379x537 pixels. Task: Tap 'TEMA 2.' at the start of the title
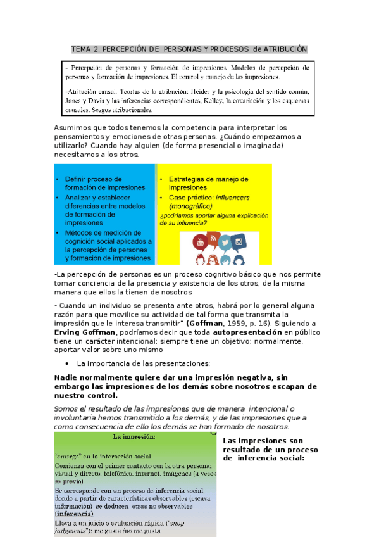pos(84,49)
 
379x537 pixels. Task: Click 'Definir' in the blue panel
pos(77,179)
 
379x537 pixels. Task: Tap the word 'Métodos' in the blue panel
pos(80,232)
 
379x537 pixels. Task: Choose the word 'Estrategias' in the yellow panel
pos(188,179)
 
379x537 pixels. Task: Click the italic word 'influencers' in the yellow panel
pos(222,198)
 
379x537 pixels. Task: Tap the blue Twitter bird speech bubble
pos(225,242)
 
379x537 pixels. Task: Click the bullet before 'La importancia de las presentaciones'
pos(67,364)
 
